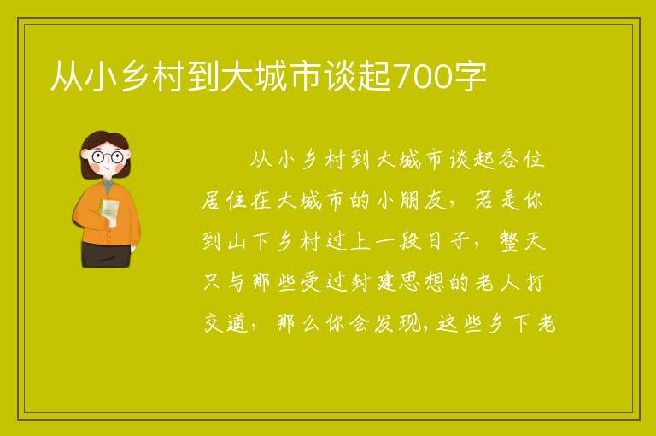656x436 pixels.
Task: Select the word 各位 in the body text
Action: (x=521, y=160)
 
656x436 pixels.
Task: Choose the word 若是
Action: (x=496, y=201)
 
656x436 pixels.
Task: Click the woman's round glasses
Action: (x=108, y=157)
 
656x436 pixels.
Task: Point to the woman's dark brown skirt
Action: (x=105, y=254)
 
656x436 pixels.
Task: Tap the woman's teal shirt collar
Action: (x=108, y=186)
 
